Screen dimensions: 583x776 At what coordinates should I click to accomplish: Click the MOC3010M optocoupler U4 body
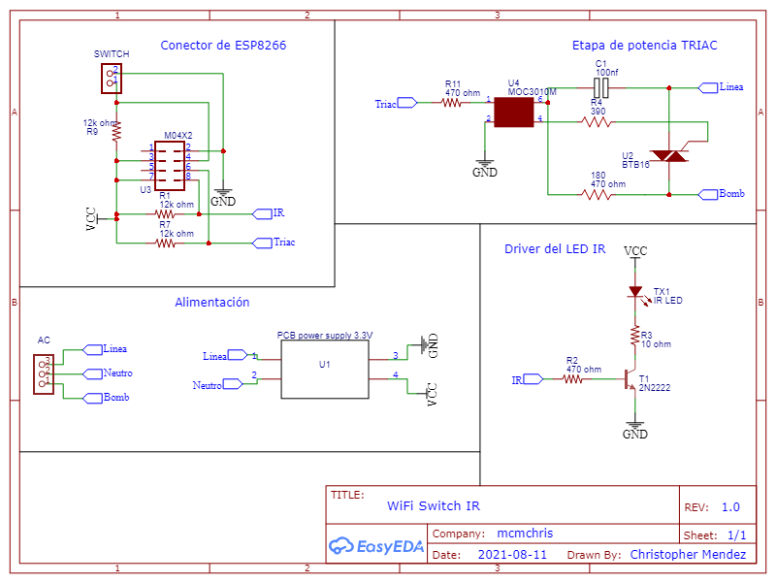click(x=514, y=113)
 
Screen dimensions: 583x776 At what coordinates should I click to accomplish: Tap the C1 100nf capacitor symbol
click(x=601, y=87)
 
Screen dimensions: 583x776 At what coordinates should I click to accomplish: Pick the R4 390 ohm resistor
click(x=597, y=121)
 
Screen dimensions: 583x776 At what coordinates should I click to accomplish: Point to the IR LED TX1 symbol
click(x=635, y=291)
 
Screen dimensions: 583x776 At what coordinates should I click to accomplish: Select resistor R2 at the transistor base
click(x=572, y=380)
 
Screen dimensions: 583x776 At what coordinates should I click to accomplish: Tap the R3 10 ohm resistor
click(x=635, y=337)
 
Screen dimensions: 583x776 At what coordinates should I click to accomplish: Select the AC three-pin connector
click(x=43, y=372)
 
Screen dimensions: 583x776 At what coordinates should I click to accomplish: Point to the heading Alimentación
click(x=211, y=303)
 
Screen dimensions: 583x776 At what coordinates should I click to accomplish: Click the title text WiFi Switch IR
click(x=433, y=505)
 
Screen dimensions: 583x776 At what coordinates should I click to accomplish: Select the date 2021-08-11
click(x=512, y=555)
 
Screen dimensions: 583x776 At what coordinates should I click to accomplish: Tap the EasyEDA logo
click(x=376, y=546)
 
